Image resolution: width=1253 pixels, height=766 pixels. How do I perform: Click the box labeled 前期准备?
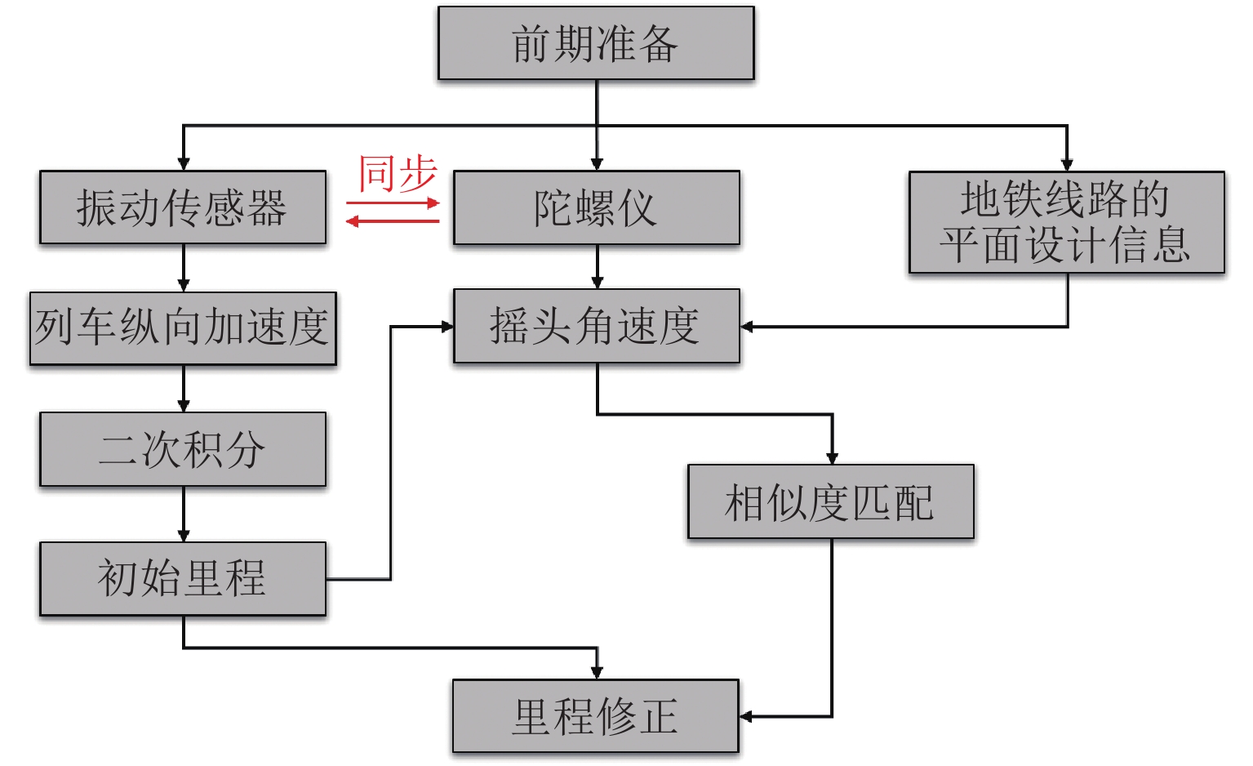(x=596, y=43)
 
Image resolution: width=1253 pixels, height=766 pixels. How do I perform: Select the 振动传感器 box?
(x=183, y=207)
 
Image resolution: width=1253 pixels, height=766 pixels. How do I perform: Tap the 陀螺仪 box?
(x=596, y=207)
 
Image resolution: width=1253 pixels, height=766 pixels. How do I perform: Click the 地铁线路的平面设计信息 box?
(x=1066, y=222)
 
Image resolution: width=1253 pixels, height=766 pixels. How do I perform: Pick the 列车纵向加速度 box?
(x=183, y=328)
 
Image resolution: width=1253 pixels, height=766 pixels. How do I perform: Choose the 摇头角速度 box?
(x=596, y=326)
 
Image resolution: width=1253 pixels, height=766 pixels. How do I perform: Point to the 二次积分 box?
(x=183, y=449)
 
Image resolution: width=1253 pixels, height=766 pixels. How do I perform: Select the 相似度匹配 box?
(x=830, y=501)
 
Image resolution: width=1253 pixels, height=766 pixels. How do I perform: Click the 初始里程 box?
(x=183, y=578)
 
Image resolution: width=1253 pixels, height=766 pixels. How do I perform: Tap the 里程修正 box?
(x=596, y=716)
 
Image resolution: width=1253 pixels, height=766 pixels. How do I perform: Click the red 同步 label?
(x=398, y=174)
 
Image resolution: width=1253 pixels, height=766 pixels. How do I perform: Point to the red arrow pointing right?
(x=393, y=203)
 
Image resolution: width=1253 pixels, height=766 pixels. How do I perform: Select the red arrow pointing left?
(x=393, y=220)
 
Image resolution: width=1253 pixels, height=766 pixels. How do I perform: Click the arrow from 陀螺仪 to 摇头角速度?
(x=597, y=266)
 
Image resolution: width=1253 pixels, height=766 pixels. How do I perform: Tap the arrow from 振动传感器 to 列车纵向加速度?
(x=183, y=268)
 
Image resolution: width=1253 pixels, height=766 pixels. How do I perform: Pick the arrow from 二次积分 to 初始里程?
(x=183, y=514)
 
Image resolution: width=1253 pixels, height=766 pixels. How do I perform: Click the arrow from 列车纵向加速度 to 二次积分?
(x=183, y=389)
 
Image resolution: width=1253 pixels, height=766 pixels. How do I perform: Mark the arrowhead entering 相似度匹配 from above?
(x=832, y=457)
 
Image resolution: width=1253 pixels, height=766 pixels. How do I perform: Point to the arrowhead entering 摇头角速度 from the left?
(x=447, y=327)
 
